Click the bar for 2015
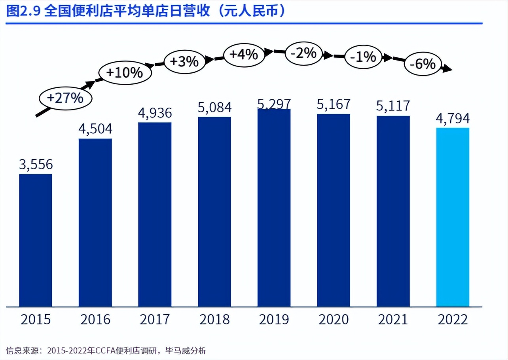[36, 240]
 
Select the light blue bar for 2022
[453, 217]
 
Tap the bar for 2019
[274, 208]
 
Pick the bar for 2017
[155, 214]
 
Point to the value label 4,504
[95, 129]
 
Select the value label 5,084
[214, 108]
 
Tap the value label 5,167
[334, 104]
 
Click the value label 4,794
[453, 118]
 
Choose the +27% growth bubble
[65, 98]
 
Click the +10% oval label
[125, 73]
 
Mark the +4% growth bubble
[244, 54]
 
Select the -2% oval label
[303, 53]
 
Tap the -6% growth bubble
[422, 64]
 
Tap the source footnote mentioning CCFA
[106, 351]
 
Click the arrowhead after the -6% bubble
[447, 69]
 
